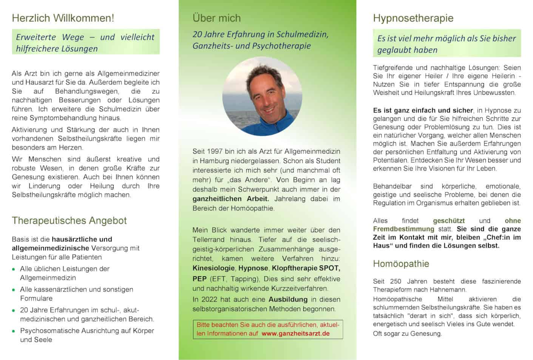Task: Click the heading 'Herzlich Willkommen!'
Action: coord(63,18)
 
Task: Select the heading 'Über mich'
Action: coord(216,18)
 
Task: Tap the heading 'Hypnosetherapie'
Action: coord(413,18)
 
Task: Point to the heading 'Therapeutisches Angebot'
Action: coord(69,221)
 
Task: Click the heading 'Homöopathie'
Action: coord(401,264)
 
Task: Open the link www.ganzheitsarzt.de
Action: coord(295,334)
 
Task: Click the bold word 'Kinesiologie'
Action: coord(213,268)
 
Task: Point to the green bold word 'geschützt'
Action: coord(449,221)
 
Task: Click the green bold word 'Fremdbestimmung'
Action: coord(403,229)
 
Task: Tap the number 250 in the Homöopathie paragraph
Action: coord(396,281)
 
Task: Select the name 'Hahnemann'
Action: coord(449,290)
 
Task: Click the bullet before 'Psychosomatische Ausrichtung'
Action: coord(14,331)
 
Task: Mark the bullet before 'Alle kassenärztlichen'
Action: coord(14,290)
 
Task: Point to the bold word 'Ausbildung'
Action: coord(288,300)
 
